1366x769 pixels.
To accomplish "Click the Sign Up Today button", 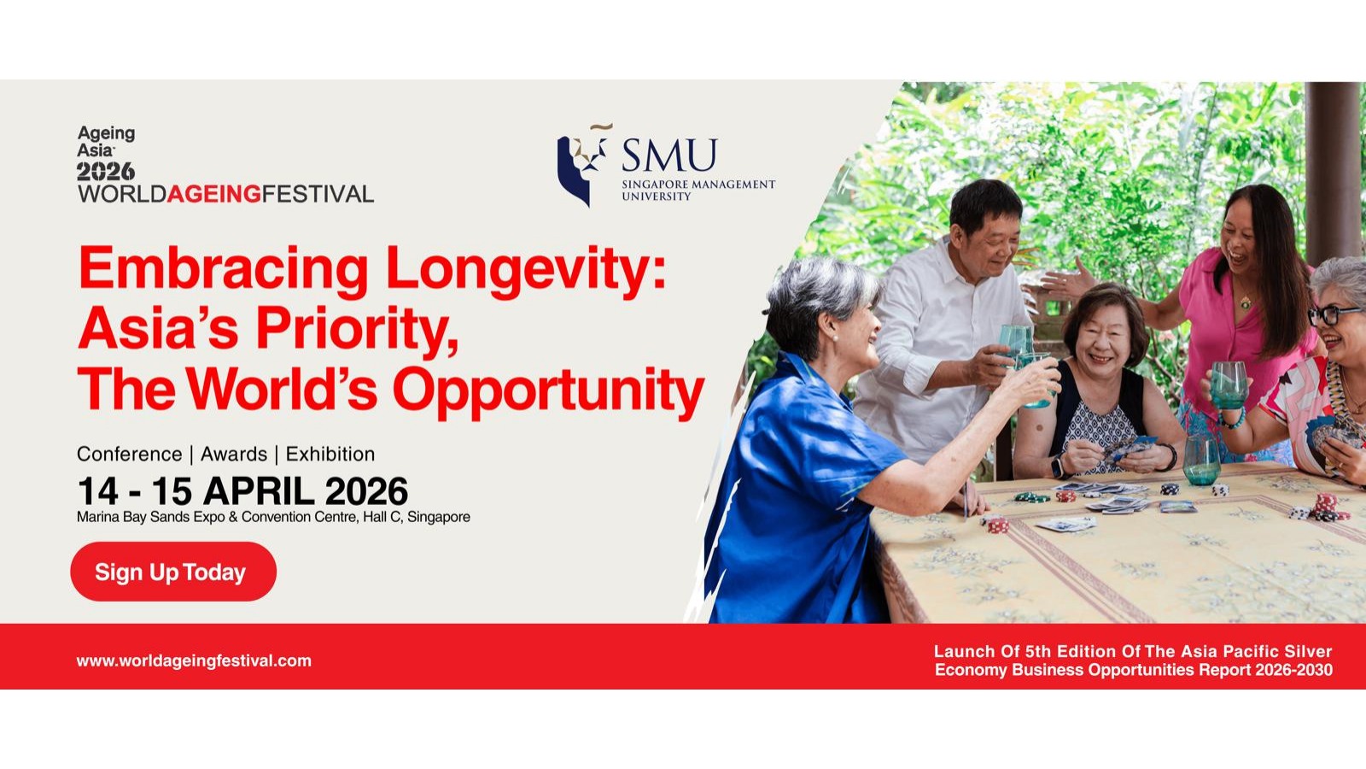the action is [173, 572].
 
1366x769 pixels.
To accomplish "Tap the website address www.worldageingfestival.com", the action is [194, 661].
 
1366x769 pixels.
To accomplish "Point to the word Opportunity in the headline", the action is [549, 390].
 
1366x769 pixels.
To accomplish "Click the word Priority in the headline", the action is [357, 330].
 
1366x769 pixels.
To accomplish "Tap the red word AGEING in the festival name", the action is [214, 193].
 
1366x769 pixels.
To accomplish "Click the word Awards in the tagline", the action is [234, 454].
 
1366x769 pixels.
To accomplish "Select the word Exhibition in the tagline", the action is [330, 454].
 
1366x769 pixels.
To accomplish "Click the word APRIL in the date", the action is [259, 491].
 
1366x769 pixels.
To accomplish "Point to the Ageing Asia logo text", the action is [106, 142].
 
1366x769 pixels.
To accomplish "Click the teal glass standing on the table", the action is [1201, 461].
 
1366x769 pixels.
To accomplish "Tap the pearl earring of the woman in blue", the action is [835, 338].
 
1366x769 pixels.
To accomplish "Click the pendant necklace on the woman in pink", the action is [1245, 302].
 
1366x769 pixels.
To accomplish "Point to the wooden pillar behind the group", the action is [1334, 171].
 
